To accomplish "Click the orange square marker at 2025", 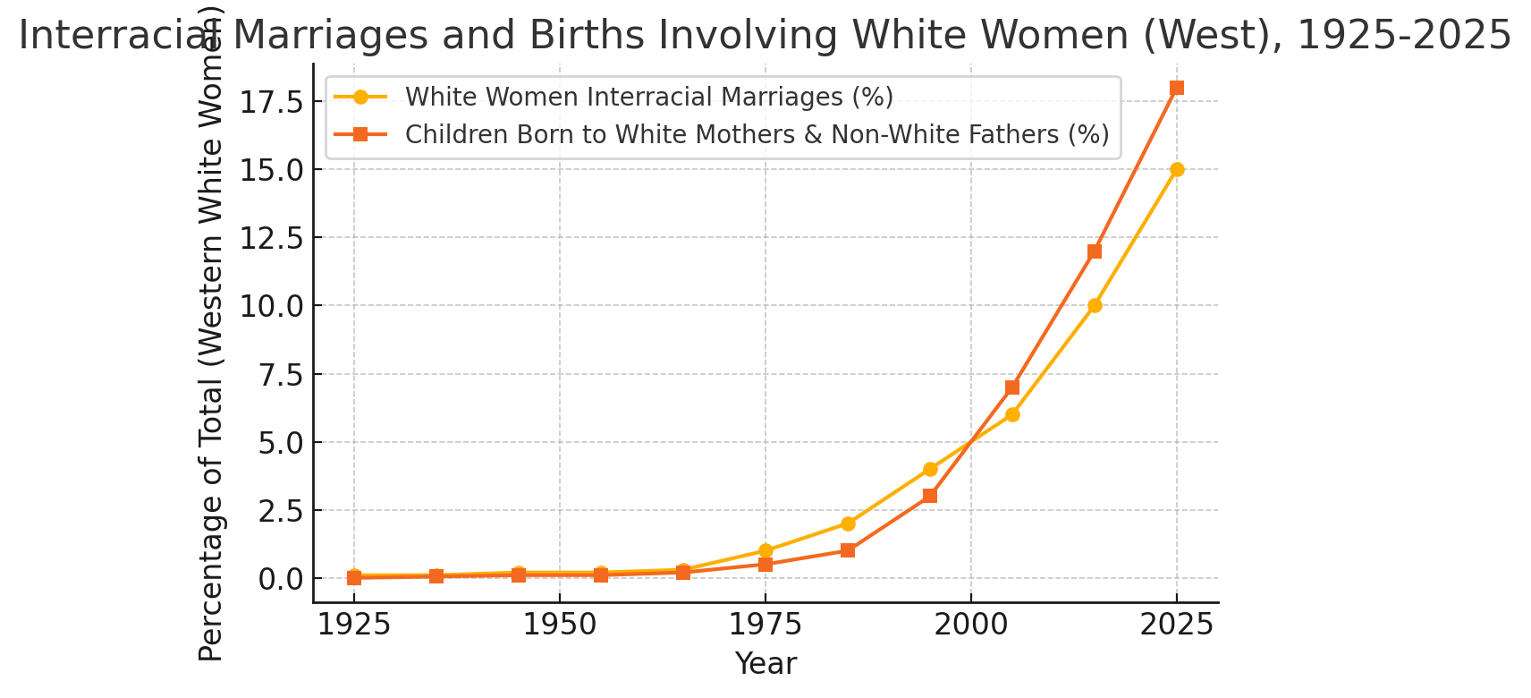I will tap(1177, 88).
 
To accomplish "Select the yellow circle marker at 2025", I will tap(1177, 169).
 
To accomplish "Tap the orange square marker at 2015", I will tap(1095, 251).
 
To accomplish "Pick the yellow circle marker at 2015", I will tap(1095, 305).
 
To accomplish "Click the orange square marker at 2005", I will tap(1012, 387).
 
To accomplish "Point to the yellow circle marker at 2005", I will tap(1012, 414).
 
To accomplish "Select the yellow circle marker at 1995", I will tap(930, 469).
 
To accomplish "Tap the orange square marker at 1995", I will tap(930, 496).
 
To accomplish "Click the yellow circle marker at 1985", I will tap(848, 523).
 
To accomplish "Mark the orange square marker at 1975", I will tap(765, 565).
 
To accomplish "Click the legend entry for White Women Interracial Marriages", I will tap(648, 97).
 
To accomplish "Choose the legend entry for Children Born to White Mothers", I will tap(756, 134).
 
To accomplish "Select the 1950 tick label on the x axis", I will tap(560, 625).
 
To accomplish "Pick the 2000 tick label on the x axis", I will tap(971, 625).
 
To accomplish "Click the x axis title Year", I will tap(765, 664).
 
